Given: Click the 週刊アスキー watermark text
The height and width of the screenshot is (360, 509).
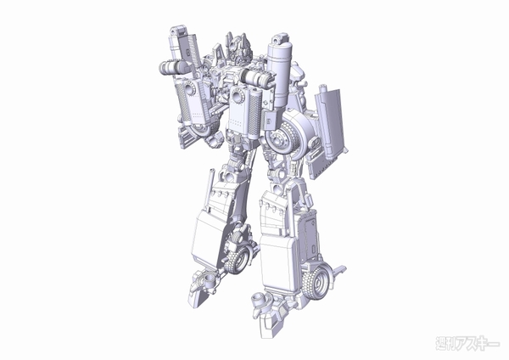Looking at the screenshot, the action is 467,343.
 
